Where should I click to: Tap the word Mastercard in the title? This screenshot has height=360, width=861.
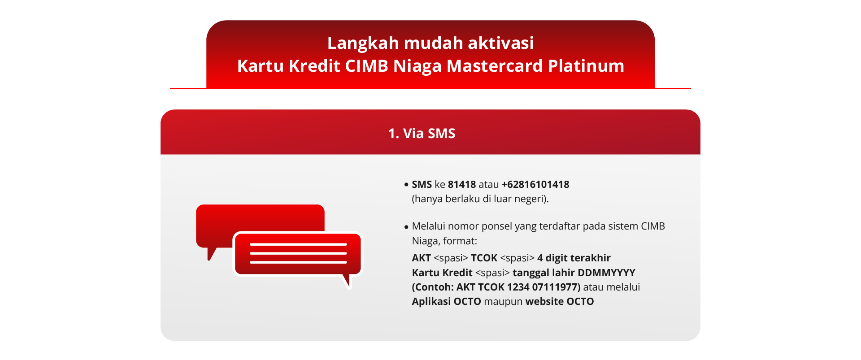[x=495, y=66]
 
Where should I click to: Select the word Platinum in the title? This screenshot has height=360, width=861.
[x=586, y=66]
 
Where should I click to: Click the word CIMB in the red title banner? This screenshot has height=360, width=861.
[x=366, y=66]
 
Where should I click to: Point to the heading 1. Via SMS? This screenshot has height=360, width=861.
[x=422, y=133]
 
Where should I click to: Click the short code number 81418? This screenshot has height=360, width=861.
[x=461, y=184]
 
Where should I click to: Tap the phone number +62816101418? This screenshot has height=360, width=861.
[x=535, y=184]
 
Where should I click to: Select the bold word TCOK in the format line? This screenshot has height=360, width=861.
[x=484, y=258]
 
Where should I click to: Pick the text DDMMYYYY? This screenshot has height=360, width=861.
[x=606, y=273]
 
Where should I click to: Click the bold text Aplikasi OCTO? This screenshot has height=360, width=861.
[x=446, y=301]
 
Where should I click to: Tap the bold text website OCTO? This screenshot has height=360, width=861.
[x=560, y=301]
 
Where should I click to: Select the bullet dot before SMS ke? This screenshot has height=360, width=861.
[x=406, y=184]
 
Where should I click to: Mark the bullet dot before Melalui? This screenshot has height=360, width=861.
[x=406, y=227]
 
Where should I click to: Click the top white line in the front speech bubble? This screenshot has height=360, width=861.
[x=298, y=244]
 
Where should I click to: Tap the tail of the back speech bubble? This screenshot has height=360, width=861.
[x=211, y=254]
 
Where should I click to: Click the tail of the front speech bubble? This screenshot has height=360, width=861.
[x=346, y=281]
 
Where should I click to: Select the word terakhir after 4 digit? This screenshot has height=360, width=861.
[x=590, y=258]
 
